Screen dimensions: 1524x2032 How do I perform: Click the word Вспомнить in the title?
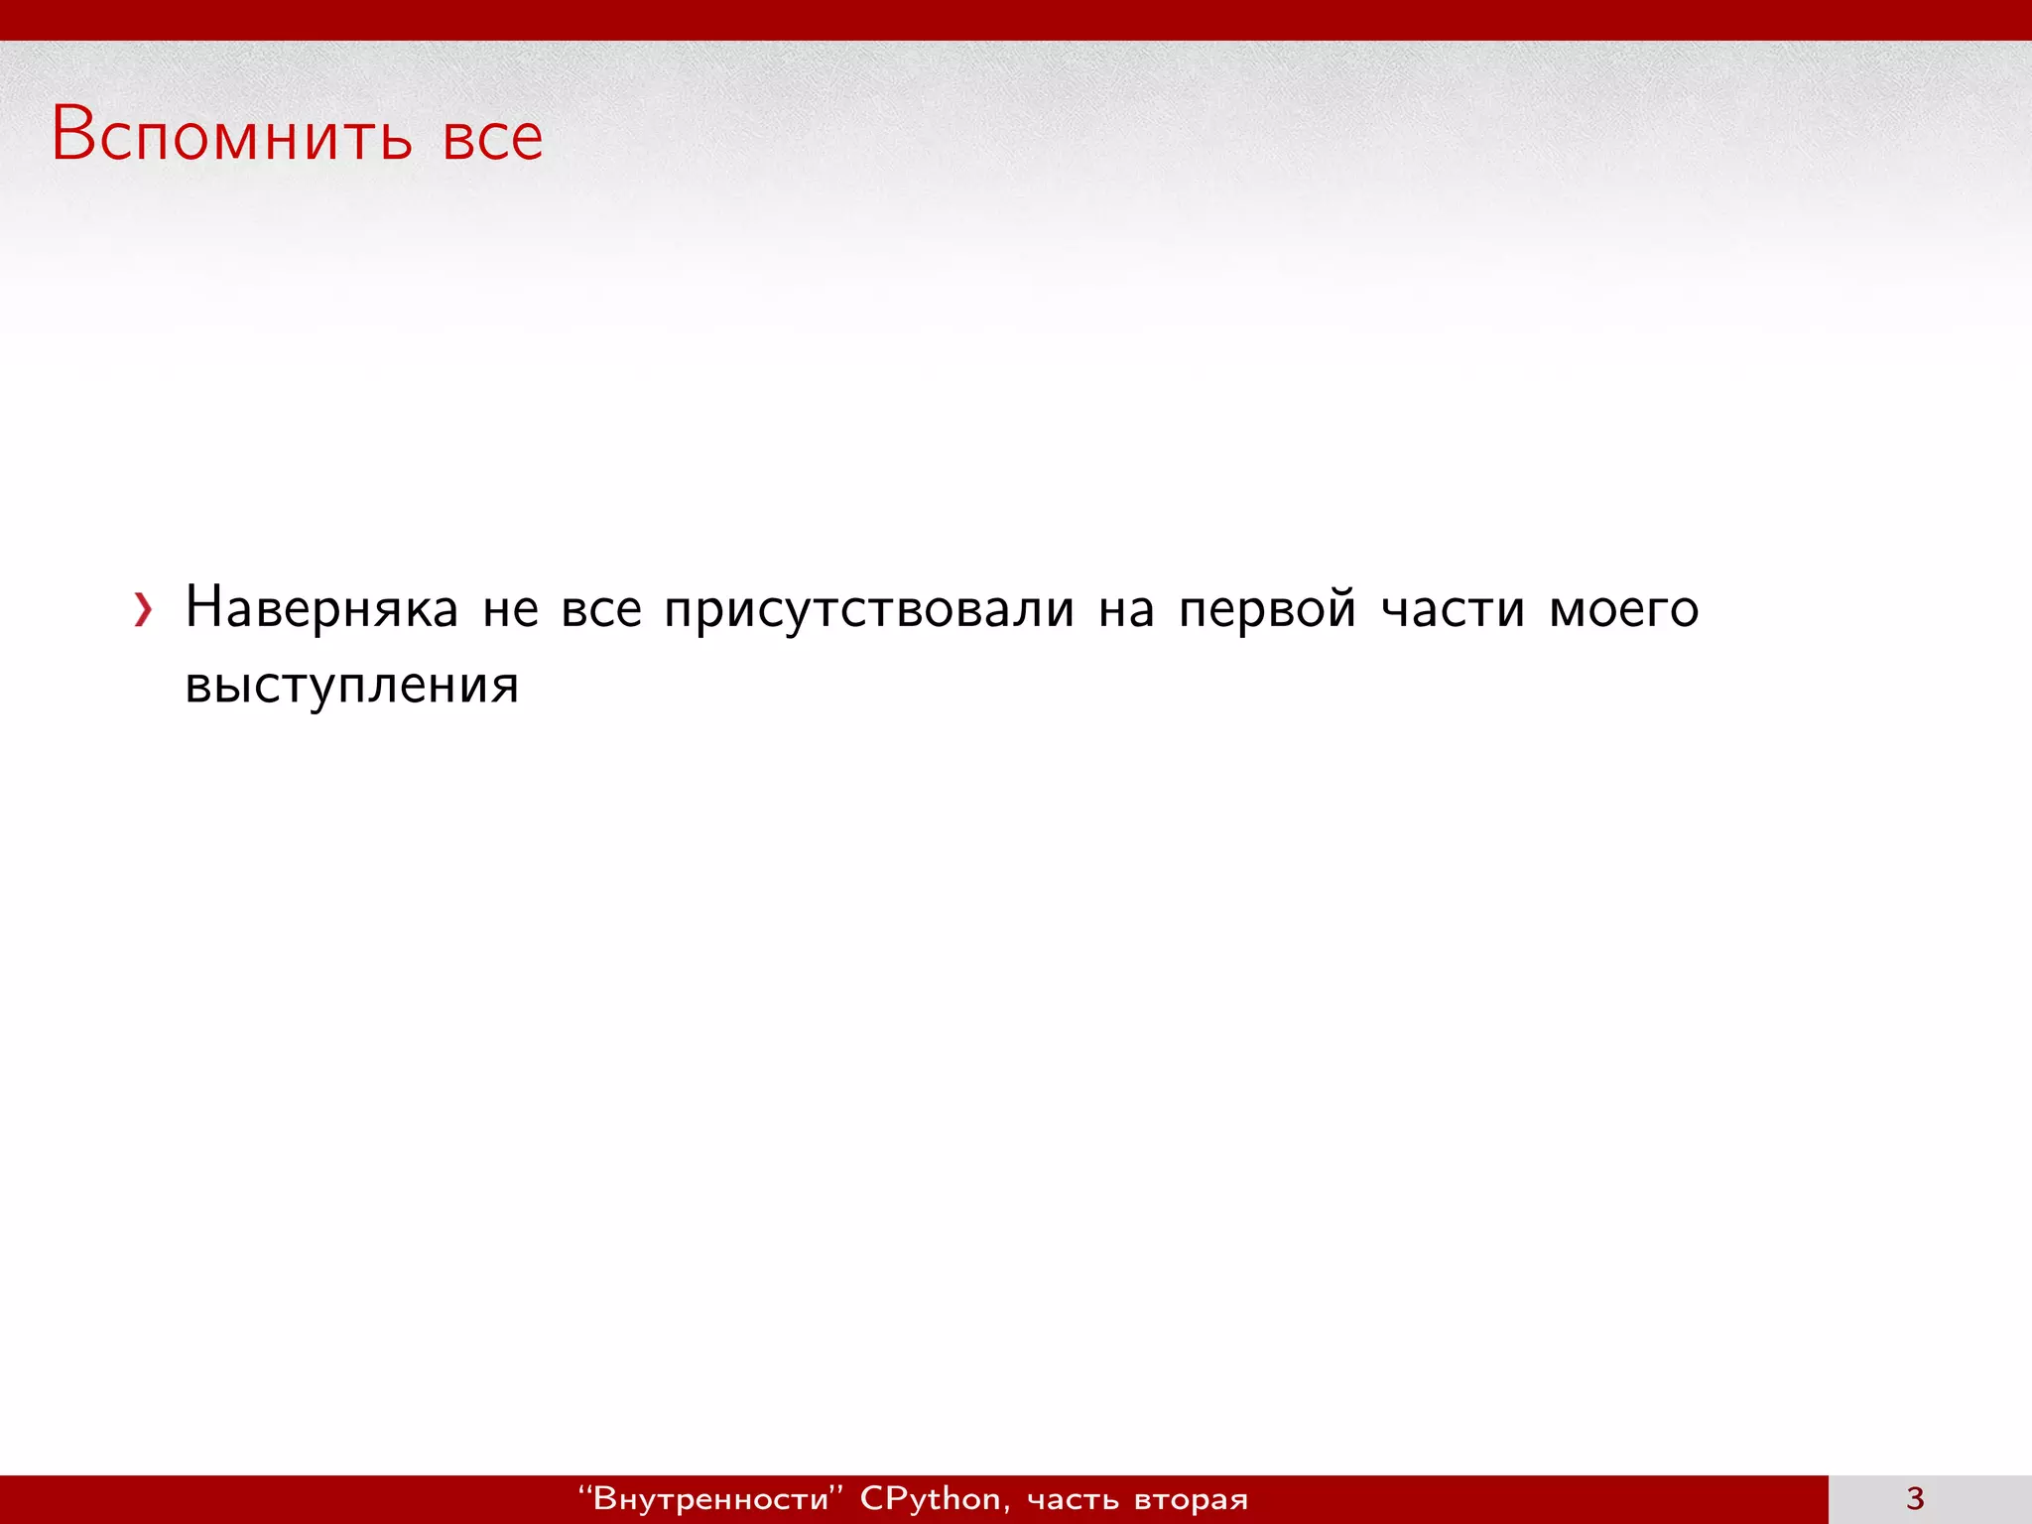click(x=231, y=135)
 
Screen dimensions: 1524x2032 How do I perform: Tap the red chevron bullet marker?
click(x=144, y=610)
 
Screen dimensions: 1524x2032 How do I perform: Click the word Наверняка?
click(x=321, y=607)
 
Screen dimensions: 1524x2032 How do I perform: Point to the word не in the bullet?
click(x=510, y=609)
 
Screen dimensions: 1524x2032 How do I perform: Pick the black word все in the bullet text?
click(x=601, y=609)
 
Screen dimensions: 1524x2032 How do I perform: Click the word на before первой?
click(x=1126, y=609)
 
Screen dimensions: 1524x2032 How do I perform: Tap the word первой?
click(x=1267, y=609)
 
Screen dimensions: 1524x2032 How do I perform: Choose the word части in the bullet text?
click(x=1453, y=609)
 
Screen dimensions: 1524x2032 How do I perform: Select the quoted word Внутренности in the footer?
click(x=710, y=1498)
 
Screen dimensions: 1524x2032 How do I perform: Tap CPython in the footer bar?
click(x=930, y=1498)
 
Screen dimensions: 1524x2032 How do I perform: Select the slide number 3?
click(x=1915, y=1498)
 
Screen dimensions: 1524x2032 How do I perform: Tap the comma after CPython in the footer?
click(x=1007, y=1507)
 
